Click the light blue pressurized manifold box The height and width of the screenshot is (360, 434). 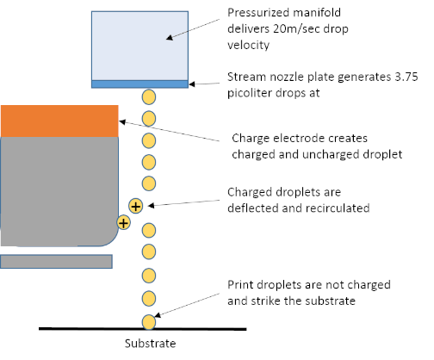click(139, 46)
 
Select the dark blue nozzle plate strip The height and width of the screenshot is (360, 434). click(139, 84)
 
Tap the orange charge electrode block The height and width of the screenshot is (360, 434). click(59, 121)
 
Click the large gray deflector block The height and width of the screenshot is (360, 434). click(59, 191)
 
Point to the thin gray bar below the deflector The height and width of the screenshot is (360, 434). click(56, 262)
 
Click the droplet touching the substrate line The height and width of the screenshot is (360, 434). click(149, 322)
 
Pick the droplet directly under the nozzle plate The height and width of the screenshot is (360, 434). click(149, 96)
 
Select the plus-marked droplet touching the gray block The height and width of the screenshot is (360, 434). click(123, 223)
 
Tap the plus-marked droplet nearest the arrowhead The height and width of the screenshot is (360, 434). click(135, 206)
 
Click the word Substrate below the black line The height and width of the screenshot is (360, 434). click(150, 344)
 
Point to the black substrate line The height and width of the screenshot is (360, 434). click(143, 329)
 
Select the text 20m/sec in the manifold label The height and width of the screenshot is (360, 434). click(296, 28)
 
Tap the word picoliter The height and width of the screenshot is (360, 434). click(250, 93)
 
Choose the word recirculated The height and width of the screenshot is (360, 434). click(337, 208)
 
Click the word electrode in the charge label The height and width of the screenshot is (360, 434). click(299, 138)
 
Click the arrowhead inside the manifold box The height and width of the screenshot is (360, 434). click(170, 38)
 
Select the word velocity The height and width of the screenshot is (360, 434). click(249, 45)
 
